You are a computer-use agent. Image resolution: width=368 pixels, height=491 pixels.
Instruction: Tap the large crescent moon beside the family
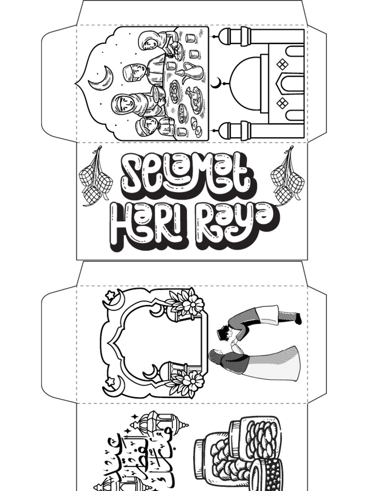102,79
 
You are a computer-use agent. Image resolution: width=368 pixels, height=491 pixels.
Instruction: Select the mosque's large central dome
245,83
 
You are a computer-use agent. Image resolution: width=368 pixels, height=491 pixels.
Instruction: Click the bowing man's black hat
223,332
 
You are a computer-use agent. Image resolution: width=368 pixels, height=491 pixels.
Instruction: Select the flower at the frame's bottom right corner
191,381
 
